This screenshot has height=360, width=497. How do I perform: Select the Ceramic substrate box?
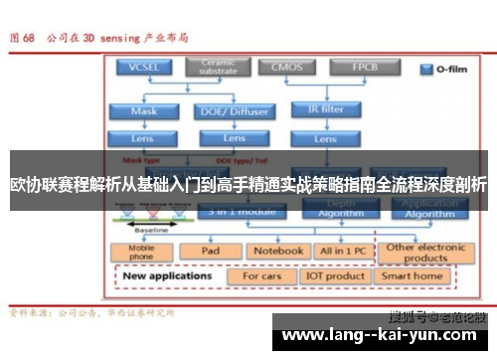(218, 67)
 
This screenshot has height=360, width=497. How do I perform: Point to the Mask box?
(144, 110)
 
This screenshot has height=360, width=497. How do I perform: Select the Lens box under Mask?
(144, 137)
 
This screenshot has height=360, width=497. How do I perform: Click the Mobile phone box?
(140, 252)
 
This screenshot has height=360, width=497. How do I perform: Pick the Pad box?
(210, 252)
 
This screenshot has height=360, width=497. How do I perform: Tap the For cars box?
(263, 275)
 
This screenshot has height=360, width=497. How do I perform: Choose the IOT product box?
(335, 275)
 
